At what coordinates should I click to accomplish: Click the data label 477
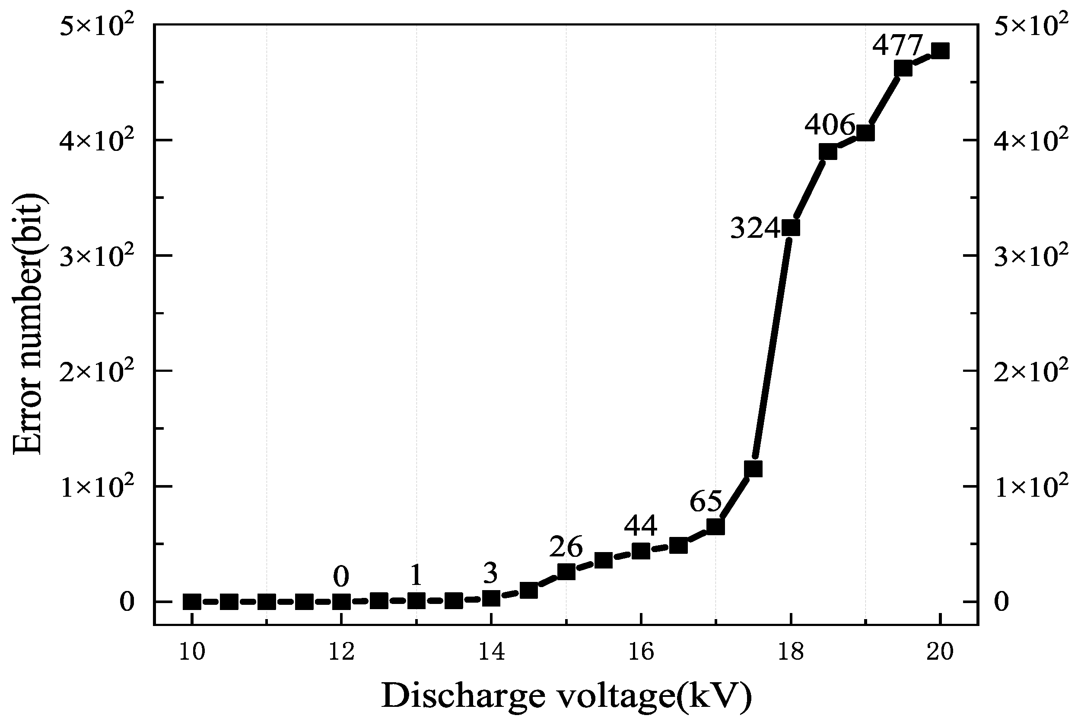coord(897,45)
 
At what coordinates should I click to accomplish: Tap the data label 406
coord(830,125)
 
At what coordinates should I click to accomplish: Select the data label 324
coord(755,228)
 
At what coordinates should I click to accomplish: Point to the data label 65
coord(706,501)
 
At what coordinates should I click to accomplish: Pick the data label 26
coord(566,547)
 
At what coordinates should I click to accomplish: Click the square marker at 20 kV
coord(940,51)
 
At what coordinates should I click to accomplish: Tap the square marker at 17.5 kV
coord(754,469)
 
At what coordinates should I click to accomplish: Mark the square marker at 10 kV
coord(192,601)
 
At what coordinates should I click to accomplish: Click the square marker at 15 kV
coord(566,572)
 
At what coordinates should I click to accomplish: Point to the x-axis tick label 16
coord(641,652)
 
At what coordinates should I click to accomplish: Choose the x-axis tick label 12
coord(341,652)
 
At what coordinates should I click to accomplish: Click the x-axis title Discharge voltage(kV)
coord(566,696)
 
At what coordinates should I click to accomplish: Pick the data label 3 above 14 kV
coord(490,574)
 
